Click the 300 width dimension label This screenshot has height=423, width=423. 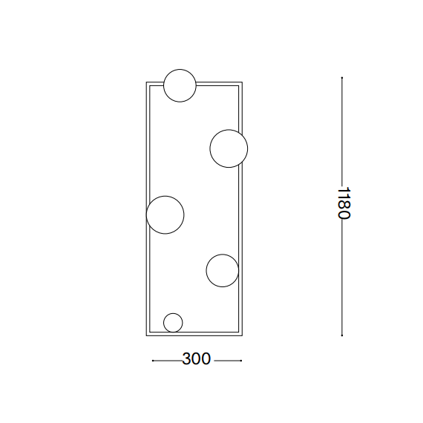pyautogui.click(x=196, y=358)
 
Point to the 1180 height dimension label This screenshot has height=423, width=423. pyautogui.click(x=344, y=203)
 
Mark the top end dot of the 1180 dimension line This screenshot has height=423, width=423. pyautogui.click(x=342, y=78)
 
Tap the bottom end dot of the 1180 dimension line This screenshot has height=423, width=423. pyautogui.click(x=342, y=335)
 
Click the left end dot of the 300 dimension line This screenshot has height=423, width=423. pyautogui.click(x=153, y=361)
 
